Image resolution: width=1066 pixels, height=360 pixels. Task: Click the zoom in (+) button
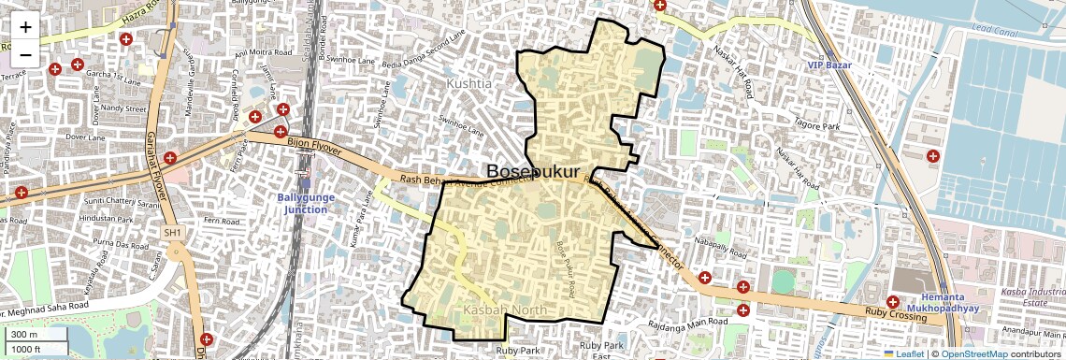pos(25,27)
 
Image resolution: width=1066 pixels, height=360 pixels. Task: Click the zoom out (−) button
pos(25,53)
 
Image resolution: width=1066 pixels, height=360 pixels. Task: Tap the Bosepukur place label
pos(540,171)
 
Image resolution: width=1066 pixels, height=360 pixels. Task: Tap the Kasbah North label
pos(505,310)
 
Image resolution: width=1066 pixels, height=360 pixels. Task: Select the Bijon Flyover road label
pos(314,144)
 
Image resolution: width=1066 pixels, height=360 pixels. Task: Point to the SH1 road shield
pos(172,232)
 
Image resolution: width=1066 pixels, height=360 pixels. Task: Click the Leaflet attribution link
pos(903,353)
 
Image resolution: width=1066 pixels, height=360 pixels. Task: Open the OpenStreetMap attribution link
pos(974,353)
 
